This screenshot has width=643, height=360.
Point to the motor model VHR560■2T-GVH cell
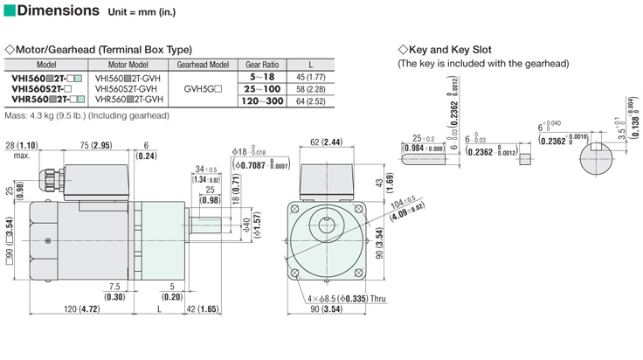(x=129, y=100)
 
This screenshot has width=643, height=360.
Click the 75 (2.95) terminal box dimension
(x=90, y=144)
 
